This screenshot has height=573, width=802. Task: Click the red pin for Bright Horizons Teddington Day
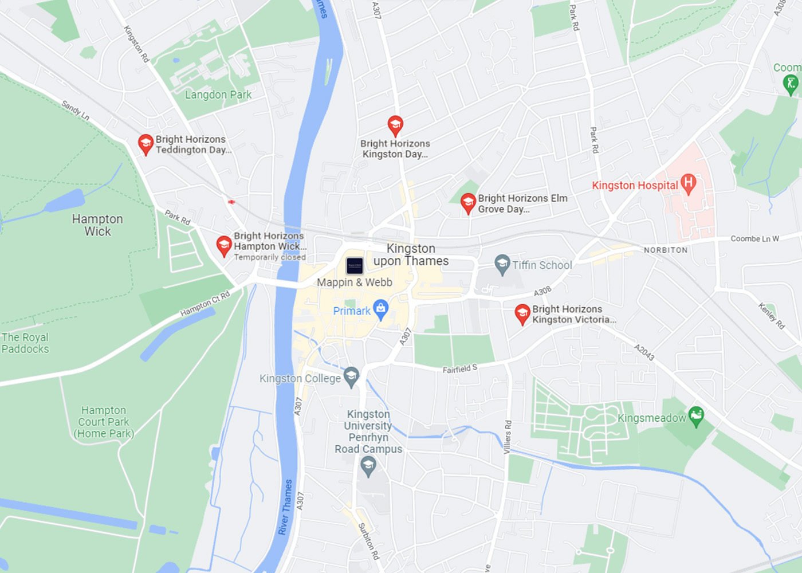tap(146, 143)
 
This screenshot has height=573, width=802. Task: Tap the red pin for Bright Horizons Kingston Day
tap(395, 124)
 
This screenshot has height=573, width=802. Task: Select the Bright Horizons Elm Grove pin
tap(468, 202)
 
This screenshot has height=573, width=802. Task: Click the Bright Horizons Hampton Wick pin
tap(223, 245)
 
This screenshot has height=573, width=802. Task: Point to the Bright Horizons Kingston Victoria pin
tap(522, 313)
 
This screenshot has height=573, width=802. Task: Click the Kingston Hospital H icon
tap(689, 183)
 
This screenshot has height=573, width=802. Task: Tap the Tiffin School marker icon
tap(502, 264)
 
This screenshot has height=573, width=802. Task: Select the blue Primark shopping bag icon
tap(380, 309)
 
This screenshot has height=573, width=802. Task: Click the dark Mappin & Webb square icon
tap(355, 265)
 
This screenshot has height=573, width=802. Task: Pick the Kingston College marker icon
tap(351, 376)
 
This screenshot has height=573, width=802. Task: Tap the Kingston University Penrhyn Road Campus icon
tap(368, 466)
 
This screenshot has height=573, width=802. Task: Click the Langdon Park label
tap(218, 95)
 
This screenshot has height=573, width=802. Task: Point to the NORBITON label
tap(666, 250)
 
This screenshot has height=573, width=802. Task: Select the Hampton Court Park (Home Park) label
tap(104, 422)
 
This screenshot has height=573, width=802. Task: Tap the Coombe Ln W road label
tap(754, 238)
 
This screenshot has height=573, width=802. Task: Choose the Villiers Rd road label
tap(508, 437)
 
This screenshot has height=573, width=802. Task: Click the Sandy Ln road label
tap(76, 109)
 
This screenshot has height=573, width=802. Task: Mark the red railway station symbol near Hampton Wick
tap(231, 202)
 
